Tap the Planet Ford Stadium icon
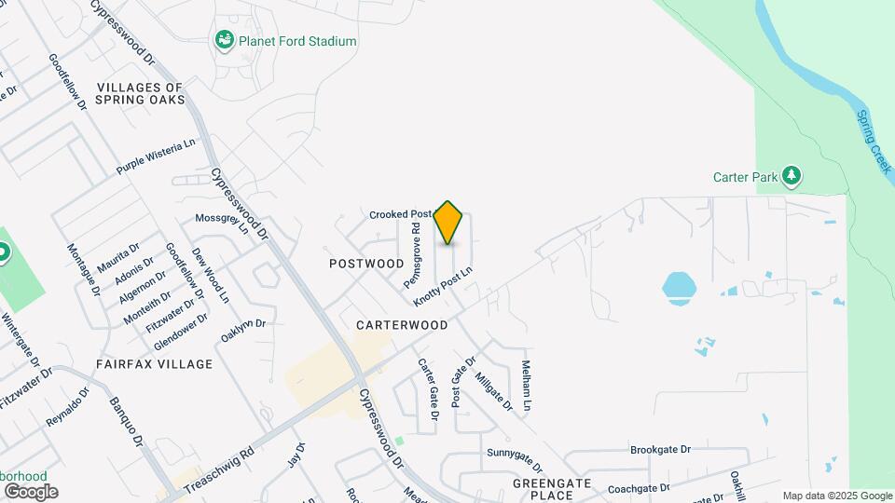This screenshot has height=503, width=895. pyautogui.click(x=224, y=41)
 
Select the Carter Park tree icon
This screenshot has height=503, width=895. pyautogui.click(x=792, y=174)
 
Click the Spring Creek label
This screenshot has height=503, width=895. pyautogui.click(x=874, y=141)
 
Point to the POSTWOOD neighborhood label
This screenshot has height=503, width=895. pyautogui.click(x=366, y=264)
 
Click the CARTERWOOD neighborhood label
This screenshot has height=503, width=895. pyautogui.click(x=402, y=325)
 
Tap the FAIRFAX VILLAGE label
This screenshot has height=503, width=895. pyautogui.click(x=154, y=363)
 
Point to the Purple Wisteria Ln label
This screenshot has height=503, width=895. pyautogui.click(x=157, y=156)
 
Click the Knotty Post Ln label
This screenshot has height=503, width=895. pyautogui.click(x=444, y=288)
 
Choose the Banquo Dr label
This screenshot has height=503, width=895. pyautogui.click(x=125, y=423)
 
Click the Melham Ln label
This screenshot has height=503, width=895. pyautogui.click(x=527, y=386)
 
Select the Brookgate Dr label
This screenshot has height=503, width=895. pyautogui.click(x=660, y=449)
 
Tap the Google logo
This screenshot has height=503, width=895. pyautogui.click(x=31, y=491)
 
